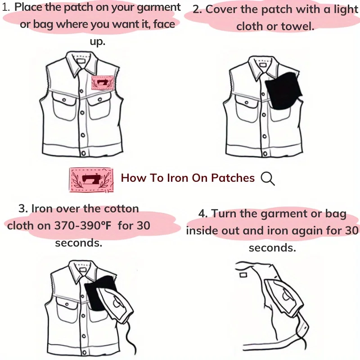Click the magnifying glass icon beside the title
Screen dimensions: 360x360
pos(268,179)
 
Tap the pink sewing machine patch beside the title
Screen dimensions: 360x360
pos(91,180)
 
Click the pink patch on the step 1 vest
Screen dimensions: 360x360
pos(103,83)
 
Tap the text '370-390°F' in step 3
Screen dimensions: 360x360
pos(83,225)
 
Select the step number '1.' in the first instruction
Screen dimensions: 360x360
pos(6,7)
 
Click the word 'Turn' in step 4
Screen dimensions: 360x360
pos(224,213)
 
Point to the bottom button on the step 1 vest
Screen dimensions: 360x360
pos(83,153)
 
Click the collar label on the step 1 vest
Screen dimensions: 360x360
pos(81,62)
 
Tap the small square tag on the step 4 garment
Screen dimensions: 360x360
pos(243,274)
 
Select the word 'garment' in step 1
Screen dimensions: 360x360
pos(159,8)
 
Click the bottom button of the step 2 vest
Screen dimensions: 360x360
pos(265,153)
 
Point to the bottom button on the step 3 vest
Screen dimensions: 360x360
pos(84,353)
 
